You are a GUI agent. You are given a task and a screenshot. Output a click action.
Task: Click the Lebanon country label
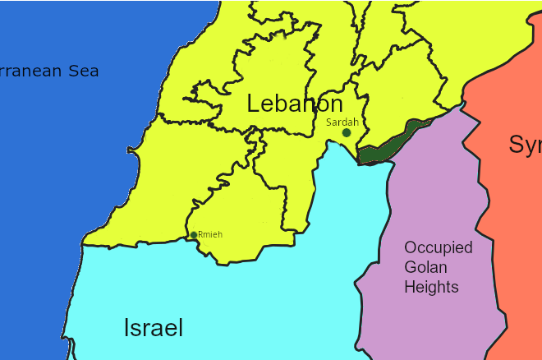(295, 104)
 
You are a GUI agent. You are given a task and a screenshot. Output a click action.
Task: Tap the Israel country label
(154, 328)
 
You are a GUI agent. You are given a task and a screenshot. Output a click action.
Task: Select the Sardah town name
(342, 122)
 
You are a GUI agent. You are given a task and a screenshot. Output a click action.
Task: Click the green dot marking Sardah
(347, 132)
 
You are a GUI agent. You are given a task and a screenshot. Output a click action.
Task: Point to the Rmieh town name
(210, 234)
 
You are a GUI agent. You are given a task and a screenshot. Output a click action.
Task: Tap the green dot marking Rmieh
(194, 235)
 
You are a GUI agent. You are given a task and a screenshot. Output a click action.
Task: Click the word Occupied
(438, 248)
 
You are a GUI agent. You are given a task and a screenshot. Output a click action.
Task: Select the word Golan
(426, 267)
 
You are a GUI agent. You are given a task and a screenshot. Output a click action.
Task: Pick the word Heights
(431, 287)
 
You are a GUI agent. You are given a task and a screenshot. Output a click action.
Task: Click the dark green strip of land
(386, 145)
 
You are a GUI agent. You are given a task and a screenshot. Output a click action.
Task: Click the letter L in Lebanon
(253, 104)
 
